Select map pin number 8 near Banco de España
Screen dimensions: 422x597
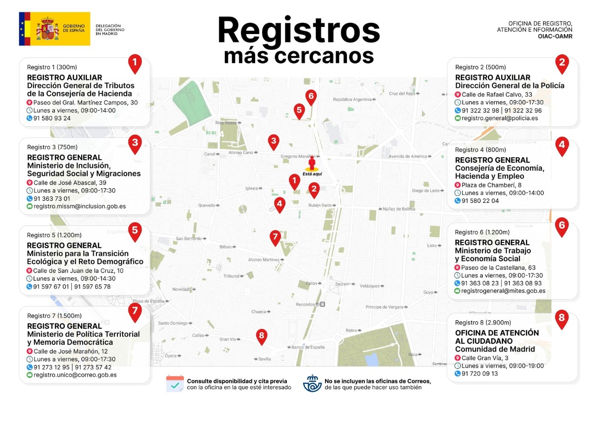point(262,336)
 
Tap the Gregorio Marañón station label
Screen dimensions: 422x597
point(298,156)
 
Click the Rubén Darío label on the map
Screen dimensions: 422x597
point(319,206)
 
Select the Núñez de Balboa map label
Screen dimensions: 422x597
point(399,209)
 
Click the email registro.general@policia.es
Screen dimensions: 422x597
point(500,118)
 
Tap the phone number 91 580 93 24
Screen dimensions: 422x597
point(52,118)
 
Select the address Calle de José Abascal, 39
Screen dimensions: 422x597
point(69,183)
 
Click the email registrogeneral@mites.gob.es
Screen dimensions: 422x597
point(503,291)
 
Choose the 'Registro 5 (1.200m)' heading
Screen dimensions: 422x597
point(54,235)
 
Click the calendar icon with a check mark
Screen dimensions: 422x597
point(175,383)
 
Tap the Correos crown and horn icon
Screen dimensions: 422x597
point(312,383)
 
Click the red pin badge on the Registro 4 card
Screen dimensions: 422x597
point(562,145)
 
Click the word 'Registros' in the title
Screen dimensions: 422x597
point(298,30)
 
